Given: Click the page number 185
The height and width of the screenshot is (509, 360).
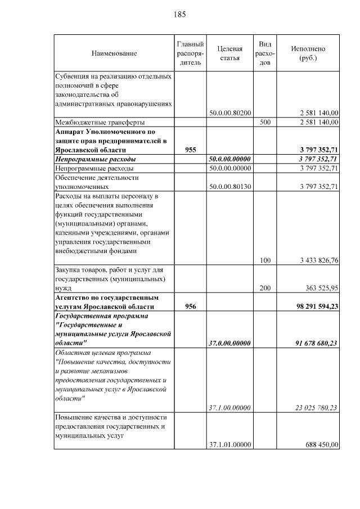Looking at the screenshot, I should [180, 14].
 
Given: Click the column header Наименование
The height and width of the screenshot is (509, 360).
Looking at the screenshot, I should [114, 53].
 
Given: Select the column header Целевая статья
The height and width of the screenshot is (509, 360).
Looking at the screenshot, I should [229, 53].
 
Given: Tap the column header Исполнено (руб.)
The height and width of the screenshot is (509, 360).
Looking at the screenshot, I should [308, 53].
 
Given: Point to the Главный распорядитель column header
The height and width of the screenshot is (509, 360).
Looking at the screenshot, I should [190, 53].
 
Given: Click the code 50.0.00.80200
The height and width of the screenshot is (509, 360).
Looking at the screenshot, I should [229, 112].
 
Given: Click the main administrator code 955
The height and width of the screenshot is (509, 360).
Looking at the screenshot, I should [190, 150].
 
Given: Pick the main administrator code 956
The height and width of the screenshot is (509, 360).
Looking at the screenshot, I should [190, 306].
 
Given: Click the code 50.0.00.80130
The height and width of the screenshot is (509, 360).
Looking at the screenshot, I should [229, 186].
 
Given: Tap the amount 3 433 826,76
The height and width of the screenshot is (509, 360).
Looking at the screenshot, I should [317, 260].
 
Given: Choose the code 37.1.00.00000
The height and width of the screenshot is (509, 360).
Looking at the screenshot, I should [229, 407].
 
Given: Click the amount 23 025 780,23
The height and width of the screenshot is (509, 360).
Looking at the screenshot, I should [316, 407].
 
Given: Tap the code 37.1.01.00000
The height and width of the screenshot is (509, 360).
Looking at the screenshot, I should [229, 444].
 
